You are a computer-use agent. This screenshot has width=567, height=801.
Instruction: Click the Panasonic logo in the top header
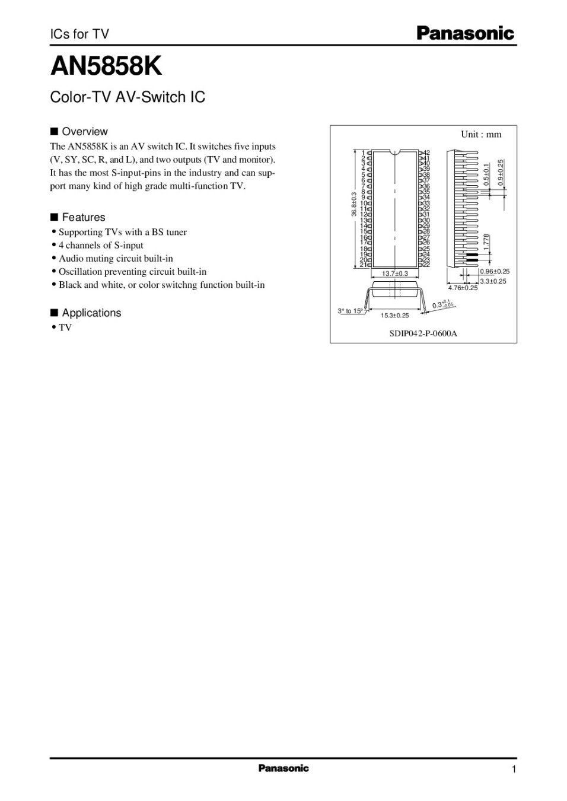click(465, 33)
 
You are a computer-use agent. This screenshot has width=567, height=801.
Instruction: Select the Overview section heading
click(84, 132)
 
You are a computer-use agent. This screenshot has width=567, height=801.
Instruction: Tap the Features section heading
click(83, 217)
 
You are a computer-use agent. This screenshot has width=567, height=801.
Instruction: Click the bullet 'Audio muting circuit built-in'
click(116, 258)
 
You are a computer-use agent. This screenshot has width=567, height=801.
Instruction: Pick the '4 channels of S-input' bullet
click(101, 245)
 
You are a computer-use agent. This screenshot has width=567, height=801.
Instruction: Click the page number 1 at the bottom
click(514, 770)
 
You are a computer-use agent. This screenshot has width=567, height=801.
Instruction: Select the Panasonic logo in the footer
click(283, 768)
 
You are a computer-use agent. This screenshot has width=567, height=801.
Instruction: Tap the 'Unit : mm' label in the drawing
click(481, 134)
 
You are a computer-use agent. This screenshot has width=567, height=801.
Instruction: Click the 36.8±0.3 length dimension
click(354, 204)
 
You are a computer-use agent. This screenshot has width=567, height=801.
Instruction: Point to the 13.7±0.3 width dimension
click(395, 274)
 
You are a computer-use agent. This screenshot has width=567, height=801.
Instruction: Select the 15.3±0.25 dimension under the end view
click(394, 316)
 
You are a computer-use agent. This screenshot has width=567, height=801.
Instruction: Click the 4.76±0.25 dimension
click(463, 288)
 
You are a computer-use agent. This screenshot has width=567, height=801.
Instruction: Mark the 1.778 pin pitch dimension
click(486, 241)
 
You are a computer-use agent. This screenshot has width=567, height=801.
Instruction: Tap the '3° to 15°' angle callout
click(350, 311)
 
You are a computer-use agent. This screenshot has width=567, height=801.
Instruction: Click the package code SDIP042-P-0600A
click(423, 333)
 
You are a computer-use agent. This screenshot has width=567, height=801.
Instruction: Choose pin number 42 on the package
click(426, 153)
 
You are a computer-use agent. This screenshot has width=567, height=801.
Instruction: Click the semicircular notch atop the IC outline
click(395, 151)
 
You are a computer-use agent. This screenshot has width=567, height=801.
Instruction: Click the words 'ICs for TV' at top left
click(79, 34)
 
